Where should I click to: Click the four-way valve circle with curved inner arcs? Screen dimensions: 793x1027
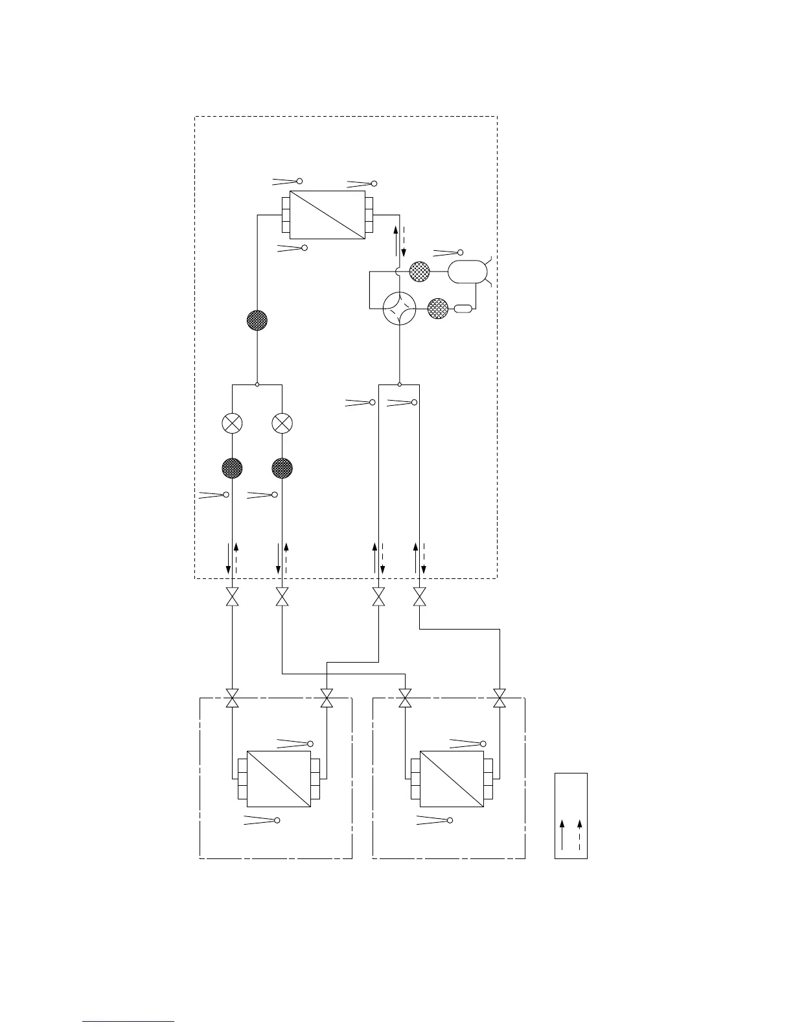(x=399, y=309)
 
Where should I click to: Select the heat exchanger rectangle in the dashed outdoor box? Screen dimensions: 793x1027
(x=327, y=215)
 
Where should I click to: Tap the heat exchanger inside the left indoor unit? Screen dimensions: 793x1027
(x=279, y=779)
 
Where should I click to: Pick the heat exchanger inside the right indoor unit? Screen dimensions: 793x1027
(x=452, y=779)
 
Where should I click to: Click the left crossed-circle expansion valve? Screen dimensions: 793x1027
(x=232, y=423)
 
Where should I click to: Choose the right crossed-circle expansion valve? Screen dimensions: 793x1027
(x=282, y=423)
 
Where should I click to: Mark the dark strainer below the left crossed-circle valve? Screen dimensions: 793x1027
(x=232, y=467)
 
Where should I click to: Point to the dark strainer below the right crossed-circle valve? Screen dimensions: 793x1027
(x=282, y=467)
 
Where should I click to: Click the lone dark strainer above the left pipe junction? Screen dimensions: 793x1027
(x=257, y=320)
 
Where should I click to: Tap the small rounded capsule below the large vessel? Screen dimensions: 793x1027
(x=465, y=309)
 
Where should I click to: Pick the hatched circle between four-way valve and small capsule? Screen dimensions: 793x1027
(x=438, y=309)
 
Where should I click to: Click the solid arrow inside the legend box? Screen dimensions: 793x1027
(x=562, y=834)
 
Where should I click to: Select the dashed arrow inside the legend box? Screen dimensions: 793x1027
(x=579, y=834)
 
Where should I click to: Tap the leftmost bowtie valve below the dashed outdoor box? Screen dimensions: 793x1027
(x=232, y=596)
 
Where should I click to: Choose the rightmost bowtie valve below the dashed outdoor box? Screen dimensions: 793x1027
(x=420, y=596)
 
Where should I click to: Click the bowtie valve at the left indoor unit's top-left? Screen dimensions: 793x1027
(x=232, y=698)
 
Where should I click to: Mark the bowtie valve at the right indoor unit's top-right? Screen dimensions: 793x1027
(x=500, y=698)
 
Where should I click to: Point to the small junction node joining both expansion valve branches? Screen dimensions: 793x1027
(x=257, y=384)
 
